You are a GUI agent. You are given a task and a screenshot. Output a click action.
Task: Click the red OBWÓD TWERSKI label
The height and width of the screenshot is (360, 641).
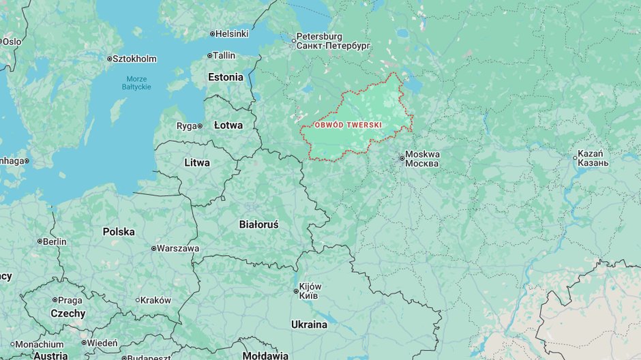coord(348,125)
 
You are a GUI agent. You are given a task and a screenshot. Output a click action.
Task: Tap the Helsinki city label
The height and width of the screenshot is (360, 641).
coord(233,33)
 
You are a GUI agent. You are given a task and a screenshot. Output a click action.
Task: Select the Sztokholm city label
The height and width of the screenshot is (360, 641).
coord(134,59)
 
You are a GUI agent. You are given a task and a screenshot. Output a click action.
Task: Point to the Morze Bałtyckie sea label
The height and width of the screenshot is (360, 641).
coord(136,82)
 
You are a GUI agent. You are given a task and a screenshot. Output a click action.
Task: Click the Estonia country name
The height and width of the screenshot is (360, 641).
coord(226,77)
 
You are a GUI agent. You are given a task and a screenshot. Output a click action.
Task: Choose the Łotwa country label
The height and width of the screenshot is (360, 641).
coord(228,125)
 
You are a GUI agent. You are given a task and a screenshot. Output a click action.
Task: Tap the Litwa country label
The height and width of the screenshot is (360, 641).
coord(197,163)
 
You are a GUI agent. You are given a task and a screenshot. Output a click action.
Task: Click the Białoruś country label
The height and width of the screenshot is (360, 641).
coord(258,224)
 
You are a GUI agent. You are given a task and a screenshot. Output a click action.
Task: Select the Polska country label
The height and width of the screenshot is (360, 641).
coord(119,232)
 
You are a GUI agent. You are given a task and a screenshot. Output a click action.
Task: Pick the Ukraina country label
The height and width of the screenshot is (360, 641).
coord(309,325)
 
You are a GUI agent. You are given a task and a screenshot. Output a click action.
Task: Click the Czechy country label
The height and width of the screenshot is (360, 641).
coord(68,314)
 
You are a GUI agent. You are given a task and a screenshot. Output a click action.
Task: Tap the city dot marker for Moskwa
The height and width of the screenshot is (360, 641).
coord(402,159)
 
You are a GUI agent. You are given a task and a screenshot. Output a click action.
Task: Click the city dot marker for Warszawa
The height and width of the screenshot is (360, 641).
coord(153,248)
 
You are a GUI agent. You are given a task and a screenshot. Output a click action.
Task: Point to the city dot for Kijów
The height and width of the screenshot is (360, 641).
coord(296,292)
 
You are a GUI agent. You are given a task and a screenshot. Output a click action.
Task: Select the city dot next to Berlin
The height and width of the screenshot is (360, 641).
coord(40,241)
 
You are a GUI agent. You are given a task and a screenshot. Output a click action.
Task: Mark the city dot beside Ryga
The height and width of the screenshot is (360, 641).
coord(200,126)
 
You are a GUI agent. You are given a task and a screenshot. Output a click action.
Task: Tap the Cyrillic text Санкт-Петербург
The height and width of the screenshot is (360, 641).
coord(333,46)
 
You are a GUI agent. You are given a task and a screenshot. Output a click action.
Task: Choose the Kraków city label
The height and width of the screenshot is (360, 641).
coord(156,300)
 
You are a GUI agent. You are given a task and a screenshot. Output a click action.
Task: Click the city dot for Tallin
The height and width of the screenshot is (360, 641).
coord(209,55)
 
